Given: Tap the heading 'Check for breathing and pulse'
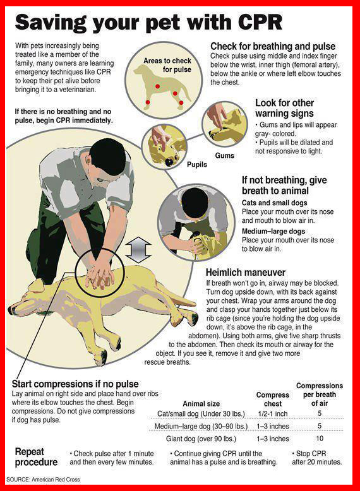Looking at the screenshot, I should pyautogui.click(x=272, y=47).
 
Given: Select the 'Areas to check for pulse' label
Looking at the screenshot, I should pyautogui.click(x=167, y=65).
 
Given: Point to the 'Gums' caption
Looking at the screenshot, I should pyautogui.click(x=224, y=155).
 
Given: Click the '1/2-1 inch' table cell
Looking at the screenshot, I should pyautogui.click(x=272, y=413).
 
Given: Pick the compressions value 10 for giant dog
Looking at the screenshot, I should pyautogui.click(x=319, y=438).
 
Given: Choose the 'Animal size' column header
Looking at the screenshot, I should pyautogui.click(x=201, y=403).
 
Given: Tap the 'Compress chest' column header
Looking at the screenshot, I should pyautogui.click(x=272, y=399).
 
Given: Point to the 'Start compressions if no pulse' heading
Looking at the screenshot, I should pyautogui.click(x=75, y=384).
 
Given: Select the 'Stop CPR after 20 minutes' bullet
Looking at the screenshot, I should pyautogui.click(x=317, y=458).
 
